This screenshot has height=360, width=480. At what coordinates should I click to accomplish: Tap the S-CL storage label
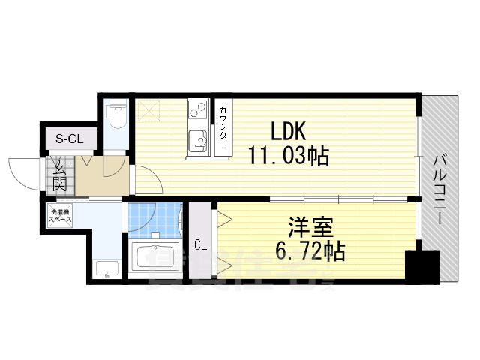[x=70, y=138]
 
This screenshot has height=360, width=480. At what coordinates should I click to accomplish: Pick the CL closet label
[x=201, y=244]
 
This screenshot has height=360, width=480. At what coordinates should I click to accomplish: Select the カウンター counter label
[x=223, y=128]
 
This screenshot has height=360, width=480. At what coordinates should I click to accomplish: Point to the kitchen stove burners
[x=196, y=113]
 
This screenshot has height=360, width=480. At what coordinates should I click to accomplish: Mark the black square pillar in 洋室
[x=421, y=266]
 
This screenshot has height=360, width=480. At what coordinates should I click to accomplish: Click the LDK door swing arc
[x=148, y=183]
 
